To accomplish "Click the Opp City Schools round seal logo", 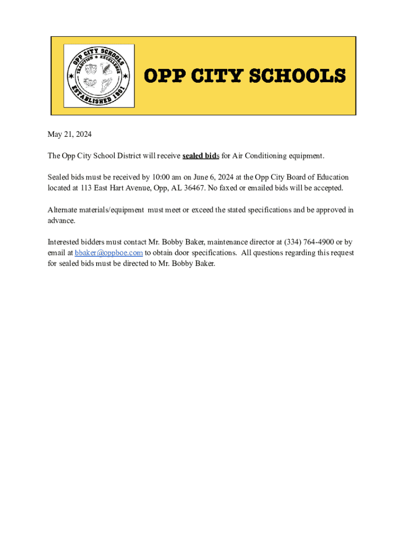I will click(x=99, y=76).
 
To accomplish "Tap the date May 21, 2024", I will click(x=69, y=135).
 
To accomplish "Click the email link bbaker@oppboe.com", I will click(x=108, y=253).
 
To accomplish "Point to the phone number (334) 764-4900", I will click(x=309, y=242).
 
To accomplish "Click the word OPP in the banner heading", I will click(x=163, y=76).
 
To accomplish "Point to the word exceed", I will click(x=203, y=210).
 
